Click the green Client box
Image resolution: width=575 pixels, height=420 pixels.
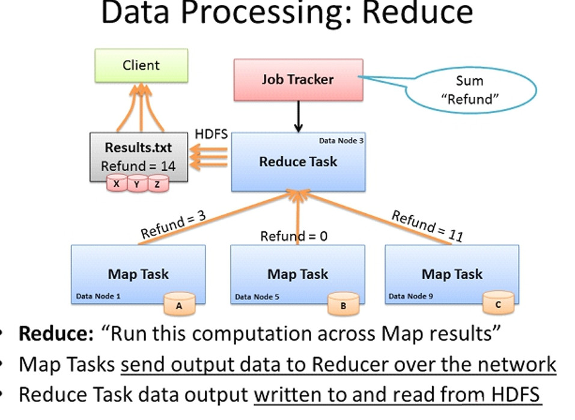pos(141,65)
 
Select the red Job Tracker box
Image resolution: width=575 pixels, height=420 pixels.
pos(298,79)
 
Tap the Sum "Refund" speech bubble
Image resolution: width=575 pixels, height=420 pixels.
pos(470,90)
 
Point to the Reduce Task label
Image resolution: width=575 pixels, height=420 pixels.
pos(298,161)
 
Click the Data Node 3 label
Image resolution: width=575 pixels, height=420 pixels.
pos(341,141)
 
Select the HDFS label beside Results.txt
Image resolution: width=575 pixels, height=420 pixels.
pos(211,134)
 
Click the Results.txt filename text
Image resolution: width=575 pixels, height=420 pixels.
pos(138,148)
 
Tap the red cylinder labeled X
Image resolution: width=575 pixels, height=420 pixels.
pos(117,184)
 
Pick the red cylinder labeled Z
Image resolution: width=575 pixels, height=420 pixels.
pos(157,184)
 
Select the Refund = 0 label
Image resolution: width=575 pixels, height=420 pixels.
pos(294,236)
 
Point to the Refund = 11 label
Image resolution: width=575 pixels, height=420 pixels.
pos(427,225)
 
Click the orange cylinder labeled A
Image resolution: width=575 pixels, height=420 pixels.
pos(179,304)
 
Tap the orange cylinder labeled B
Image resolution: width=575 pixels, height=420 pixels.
pos(343,304)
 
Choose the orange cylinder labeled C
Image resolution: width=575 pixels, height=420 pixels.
pos(498,304)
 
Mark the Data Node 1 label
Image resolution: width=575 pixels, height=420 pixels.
pos(98,296)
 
